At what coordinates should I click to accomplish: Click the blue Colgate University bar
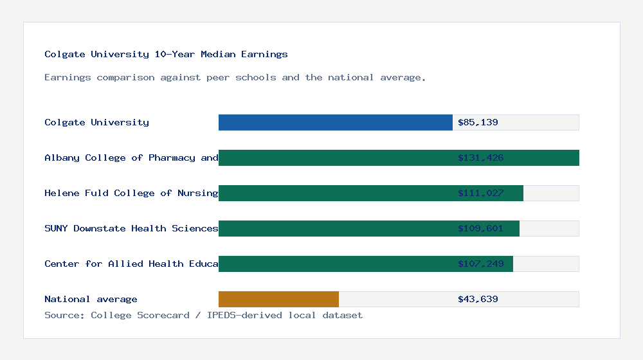[x=335, y=122]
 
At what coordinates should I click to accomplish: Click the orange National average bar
[x=278, y=299]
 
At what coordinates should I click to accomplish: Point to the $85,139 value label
[x=478, y=122]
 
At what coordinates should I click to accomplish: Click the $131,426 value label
[x=480, y=157]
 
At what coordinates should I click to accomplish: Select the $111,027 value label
[x=480, y=193]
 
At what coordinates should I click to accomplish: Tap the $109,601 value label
[x=480, y=228]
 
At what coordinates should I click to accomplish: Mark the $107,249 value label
[x=480, y=264]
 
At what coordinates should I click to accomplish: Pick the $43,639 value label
[x=478, y=299]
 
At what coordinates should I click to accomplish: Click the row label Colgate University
[x=96, y=122]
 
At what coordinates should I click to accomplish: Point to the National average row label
[x=91, y=299]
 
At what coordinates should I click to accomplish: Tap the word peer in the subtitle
[x=218, y=77]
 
